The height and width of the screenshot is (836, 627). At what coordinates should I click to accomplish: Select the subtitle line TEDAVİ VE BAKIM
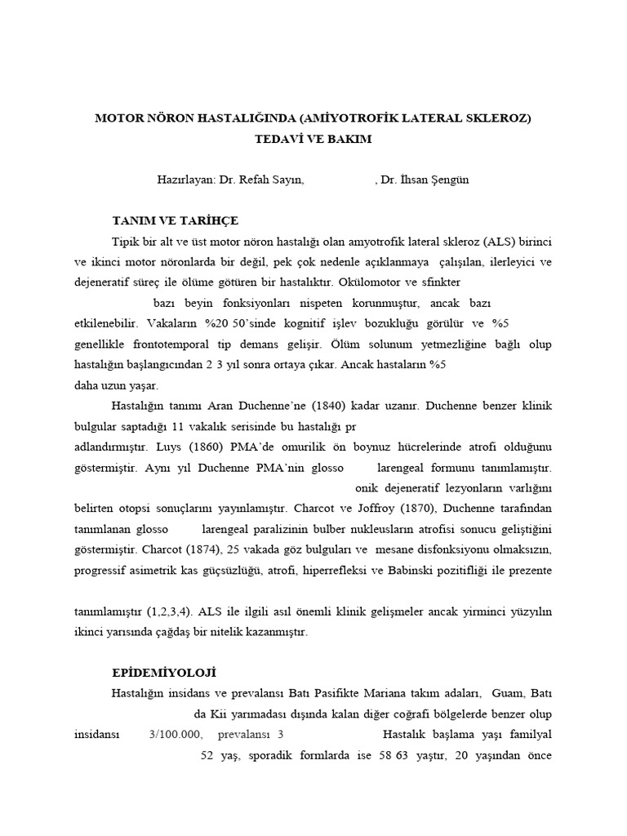[313, 139]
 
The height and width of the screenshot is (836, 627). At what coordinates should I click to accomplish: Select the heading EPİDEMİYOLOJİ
[163, 673]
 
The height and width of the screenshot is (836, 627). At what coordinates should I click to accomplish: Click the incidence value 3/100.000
[176, 734]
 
